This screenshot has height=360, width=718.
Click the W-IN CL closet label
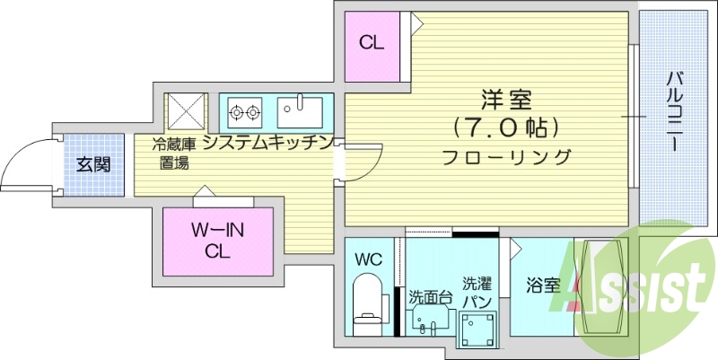217,241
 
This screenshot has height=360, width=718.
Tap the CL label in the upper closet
372,42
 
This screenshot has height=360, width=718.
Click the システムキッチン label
268,144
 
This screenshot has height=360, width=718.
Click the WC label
368,259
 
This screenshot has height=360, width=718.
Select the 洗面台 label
430,296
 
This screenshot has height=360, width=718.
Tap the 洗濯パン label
476,291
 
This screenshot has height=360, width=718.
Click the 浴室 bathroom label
542,286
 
